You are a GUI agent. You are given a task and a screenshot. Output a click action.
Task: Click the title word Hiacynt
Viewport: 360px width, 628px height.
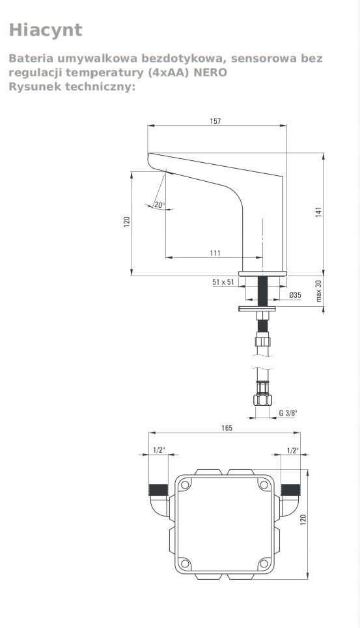46,30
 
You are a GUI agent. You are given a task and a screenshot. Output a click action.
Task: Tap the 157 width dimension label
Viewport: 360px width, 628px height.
215,121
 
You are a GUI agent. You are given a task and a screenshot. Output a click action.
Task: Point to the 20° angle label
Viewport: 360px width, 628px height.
159,205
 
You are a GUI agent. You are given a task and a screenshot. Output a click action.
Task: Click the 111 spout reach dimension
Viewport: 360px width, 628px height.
215,253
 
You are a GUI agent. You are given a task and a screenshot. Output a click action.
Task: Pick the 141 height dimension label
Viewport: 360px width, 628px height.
318,212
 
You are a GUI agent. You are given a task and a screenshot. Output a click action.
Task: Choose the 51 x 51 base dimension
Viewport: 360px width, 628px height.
223,282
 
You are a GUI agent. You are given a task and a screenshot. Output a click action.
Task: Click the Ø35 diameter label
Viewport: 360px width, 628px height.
295,295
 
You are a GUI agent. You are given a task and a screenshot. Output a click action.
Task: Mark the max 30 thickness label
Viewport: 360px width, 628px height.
319,291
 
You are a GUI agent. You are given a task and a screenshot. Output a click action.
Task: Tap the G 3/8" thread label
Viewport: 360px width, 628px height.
288,413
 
